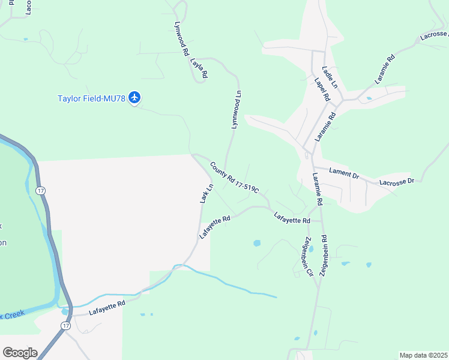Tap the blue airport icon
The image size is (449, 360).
[134, 97]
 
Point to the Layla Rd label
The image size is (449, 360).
[198, 67]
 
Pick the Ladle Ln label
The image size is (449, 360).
[330, 77]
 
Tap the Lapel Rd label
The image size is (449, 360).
[322, 89]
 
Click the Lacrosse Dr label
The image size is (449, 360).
[397, 181]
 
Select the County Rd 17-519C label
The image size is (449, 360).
[234, 177]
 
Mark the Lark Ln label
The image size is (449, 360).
[206, 193]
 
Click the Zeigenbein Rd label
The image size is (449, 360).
[324, 256]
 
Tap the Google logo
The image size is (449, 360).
[19, 353]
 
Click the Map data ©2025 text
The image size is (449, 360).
[423, 355]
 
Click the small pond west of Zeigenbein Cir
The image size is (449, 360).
[257, 244]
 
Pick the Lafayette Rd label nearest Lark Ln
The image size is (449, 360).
[215, 228]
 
